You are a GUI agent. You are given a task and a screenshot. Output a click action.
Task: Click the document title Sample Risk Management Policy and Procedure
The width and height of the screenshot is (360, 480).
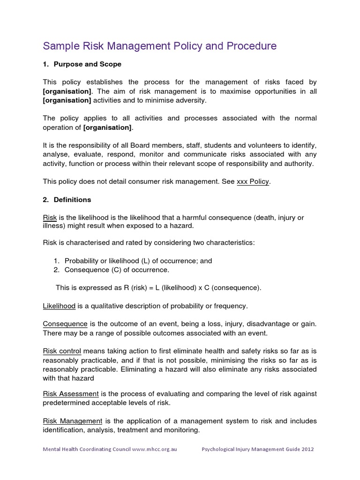[160, 46]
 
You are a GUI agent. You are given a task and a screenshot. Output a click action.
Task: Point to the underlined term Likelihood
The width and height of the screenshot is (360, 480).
[59, 306]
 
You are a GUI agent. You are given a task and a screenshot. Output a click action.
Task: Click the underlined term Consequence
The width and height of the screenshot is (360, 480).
[65, 324]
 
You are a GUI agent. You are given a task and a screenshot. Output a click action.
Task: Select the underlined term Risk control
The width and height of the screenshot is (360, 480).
[62, 351]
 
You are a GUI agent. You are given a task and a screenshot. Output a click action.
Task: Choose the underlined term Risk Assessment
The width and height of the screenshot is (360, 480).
[71, 393]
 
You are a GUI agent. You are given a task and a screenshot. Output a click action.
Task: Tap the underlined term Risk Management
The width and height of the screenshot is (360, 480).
[73, 421]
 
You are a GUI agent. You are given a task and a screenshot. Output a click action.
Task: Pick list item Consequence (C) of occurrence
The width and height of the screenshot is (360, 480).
[117, 270]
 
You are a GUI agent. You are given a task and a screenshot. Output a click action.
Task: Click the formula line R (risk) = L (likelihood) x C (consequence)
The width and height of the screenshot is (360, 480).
[159, 288]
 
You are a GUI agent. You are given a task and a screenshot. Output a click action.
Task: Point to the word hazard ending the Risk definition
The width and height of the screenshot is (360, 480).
[182, 226]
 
